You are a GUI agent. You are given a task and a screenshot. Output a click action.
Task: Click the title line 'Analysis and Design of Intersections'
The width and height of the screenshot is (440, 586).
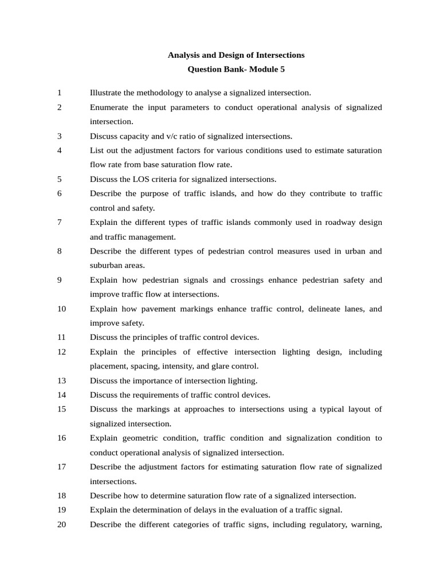pyautogui.click(x=236, y=55)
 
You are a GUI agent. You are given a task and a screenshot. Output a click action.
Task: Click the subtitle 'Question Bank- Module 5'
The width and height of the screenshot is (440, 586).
pyautogui.click(x=236, y=69)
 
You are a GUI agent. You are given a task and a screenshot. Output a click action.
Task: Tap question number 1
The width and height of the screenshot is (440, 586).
pyautogui.click(x=60, y=93)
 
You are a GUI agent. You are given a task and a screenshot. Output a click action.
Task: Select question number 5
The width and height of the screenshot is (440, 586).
pyautogui.click(x=60, y=179)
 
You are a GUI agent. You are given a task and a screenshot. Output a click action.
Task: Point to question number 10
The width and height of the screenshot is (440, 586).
pyautogui.click(x=62, y=309)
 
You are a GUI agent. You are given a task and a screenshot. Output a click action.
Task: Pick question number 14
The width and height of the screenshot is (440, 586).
pyautogui.click(x=62, y=395)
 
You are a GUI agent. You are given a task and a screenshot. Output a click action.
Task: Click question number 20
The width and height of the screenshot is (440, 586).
pyautogui.click(x=62, y=525)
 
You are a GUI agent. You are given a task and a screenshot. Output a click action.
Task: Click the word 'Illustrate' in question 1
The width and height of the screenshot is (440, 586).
pyautogui.click(x=105, y=93)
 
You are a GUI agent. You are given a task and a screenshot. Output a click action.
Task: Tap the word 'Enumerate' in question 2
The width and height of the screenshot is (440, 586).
pyautogui.click(x=109, y=107)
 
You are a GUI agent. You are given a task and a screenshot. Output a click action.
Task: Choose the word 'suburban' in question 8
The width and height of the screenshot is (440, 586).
pyautogui.click(x=105, y=266)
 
